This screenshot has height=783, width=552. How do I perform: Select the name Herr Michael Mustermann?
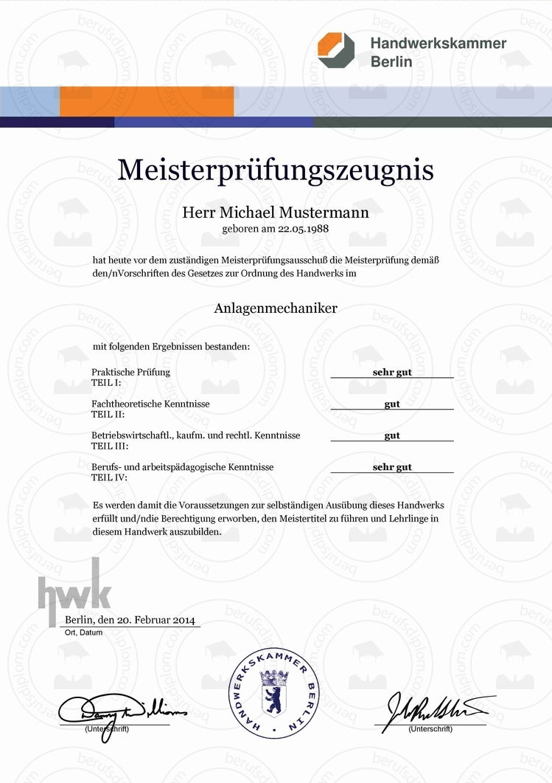coord(275,213)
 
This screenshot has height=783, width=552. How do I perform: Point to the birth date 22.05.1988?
coord(303,229)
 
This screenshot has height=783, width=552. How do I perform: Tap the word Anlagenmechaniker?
coord(276,308)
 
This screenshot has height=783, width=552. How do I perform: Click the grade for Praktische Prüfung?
coord(392,372)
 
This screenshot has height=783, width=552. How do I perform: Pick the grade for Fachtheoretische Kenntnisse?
coord(392,404)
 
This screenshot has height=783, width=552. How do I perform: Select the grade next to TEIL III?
coord(392,435)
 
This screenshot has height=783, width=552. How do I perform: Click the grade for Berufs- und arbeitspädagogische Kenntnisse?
coord(392,467)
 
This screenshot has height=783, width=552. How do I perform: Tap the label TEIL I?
coord(107,383)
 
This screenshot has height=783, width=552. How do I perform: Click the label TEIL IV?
coord(109,477)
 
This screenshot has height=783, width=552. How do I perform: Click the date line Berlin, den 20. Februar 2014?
coord(130,620)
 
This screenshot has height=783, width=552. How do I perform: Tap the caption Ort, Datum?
coord(82,633)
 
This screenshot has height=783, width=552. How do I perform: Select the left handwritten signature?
coord(122,710)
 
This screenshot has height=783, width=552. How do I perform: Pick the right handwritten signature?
coord(435,710)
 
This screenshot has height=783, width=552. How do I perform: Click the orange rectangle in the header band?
coord(147,101)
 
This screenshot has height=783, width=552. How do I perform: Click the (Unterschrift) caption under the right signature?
coord(430,729)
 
